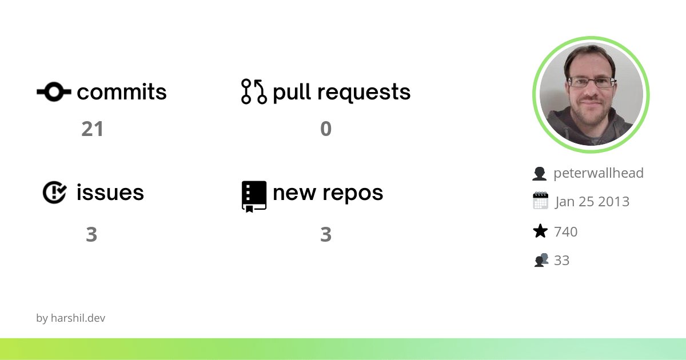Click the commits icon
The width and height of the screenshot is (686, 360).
click(54, 91)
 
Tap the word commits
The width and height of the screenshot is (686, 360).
click(122, 92)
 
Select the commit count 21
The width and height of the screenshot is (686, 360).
click(92, 129)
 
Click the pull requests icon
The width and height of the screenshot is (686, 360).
click(254, 91)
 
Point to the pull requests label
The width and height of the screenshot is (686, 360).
click(342, 92)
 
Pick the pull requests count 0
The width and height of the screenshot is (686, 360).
click(326, 129)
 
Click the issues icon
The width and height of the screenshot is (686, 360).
click(54, 193)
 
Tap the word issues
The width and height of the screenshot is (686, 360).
click(110, 193)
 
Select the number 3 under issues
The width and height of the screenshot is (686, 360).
click(91, 234)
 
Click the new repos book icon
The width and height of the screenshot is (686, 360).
click(254, 196)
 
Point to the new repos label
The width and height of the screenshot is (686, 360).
click(328, 193)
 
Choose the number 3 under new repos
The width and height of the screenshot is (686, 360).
click(326, 234)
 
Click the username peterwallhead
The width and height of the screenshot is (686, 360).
click(599, 173)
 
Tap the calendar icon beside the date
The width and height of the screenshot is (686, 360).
click(540, 201)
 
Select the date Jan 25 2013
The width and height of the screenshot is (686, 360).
click(592, 202)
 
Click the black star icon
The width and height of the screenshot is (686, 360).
click(540, 231)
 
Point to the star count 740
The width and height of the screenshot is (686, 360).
click(566, 231)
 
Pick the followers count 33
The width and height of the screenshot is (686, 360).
click(562, 261)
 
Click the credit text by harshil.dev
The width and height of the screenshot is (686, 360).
click(71, 318)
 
